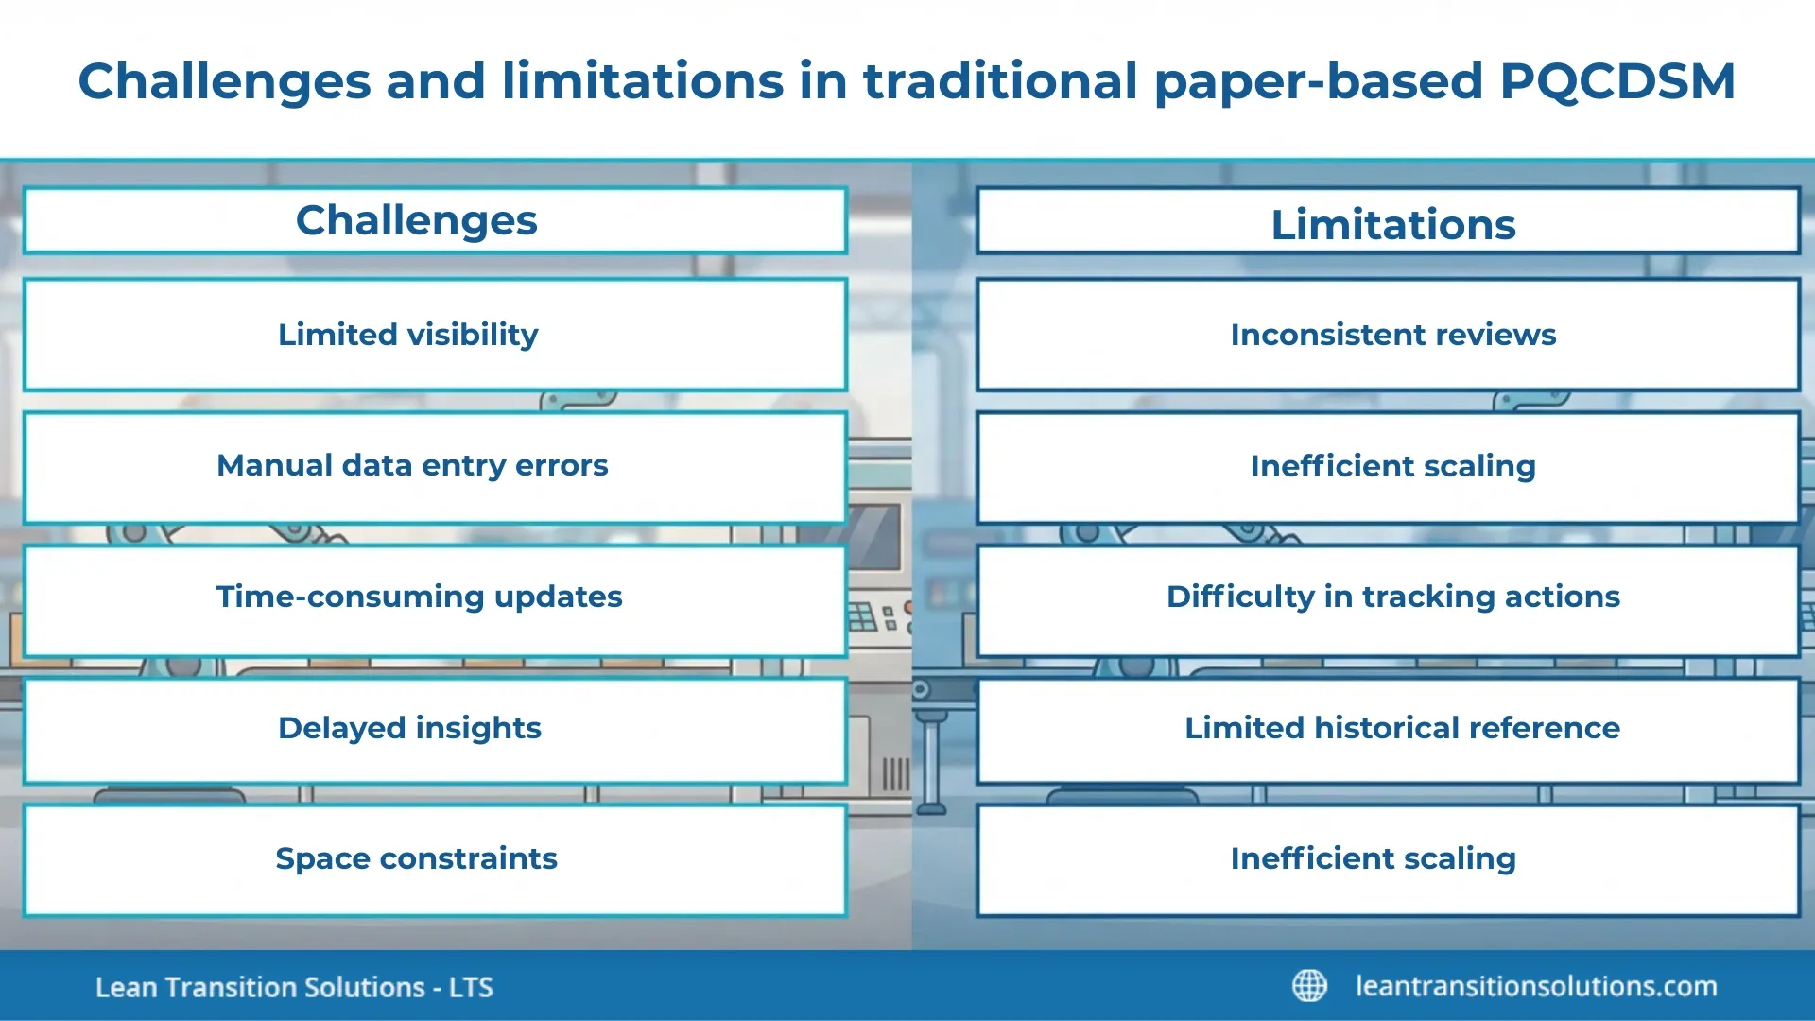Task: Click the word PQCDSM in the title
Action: (1616, 81)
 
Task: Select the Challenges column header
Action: (417, 220)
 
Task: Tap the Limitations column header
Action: (1392, 224)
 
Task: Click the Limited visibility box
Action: (408, 335)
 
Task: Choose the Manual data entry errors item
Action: (412, 466)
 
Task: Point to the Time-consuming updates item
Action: (419, 597)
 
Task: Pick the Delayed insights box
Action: (409, 728)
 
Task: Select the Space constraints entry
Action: (416, 858)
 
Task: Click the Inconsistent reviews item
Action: (1392, 335)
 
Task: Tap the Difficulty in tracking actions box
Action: (1392, 597)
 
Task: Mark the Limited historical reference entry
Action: (1401, 728)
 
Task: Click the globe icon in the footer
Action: (1309, 986)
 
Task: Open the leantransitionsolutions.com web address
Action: (1536, 986)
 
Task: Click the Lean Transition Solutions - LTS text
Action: (294, 988)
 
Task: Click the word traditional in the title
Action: (1000, 81)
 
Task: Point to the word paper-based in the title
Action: (1319, 81)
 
